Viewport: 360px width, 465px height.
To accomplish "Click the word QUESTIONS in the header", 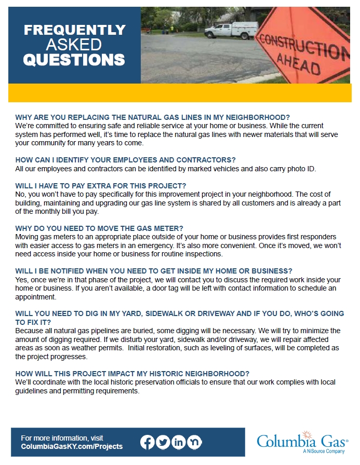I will coord(74,60).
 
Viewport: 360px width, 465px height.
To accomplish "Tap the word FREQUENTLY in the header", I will coord(74,30).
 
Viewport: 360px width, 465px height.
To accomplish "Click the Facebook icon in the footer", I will coord(148,442).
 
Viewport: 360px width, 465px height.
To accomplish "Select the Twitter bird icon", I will coord(163,442).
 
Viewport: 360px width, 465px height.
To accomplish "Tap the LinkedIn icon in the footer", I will coord(178,442).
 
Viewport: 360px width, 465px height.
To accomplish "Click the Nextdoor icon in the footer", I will coord(194,442).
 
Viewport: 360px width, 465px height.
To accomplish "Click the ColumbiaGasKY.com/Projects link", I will coord(72,446).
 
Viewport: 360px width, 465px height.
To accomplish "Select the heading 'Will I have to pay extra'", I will coord(101,186).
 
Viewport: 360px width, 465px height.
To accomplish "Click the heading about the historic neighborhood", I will coord(132,373).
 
